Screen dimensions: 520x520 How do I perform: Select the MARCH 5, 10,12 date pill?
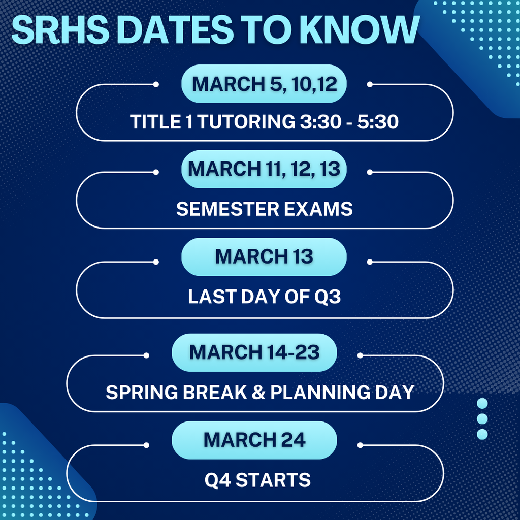tap(264, 84)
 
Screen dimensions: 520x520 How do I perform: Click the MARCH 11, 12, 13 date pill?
tap(264, 169)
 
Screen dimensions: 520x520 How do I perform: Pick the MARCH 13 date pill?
tap(264, 257)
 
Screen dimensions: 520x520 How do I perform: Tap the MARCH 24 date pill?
tap(254, 440)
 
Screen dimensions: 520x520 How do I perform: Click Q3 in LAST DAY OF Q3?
tap(326, 297)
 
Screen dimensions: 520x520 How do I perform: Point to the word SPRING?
tap(138, 393)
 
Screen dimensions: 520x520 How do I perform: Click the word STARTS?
tap(276, 480)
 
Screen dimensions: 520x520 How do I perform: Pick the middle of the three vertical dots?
tap(482, 418)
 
